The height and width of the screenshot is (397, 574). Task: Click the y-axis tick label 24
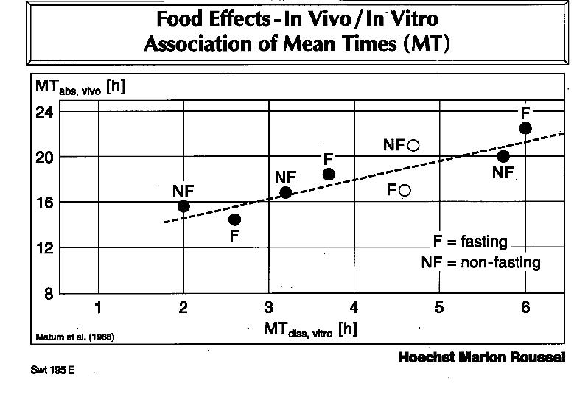[46, 113]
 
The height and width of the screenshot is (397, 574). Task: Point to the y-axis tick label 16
[46, 203]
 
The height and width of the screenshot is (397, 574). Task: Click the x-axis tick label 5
[439, 308]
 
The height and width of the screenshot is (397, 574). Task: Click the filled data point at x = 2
[183, 206]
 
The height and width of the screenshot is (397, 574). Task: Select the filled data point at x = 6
[525, 128]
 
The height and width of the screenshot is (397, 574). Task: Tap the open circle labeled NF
[413, 145]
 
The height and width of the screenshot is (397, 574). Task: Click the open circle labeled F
[405, 191]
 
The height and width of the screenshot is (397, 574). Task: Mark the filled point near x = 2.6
[234, 219]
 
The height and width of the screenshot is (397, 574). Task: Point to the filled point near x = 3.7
[329, 175]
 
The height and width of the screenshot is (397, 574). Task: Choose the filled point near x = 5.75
[503, 156]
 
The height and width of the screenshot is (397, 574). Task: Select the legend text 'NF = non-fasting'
[480, 262]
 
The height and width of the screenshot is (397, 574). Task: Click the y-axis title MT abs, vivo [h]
[80, 87]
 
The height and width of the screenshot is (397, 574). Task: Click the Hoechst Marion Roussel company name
[481, 358]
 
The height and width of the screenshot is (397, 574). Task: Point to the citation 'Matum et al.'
[74, 337]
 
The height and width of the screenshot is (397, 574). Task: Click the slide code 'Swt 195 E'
[52, 370]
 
